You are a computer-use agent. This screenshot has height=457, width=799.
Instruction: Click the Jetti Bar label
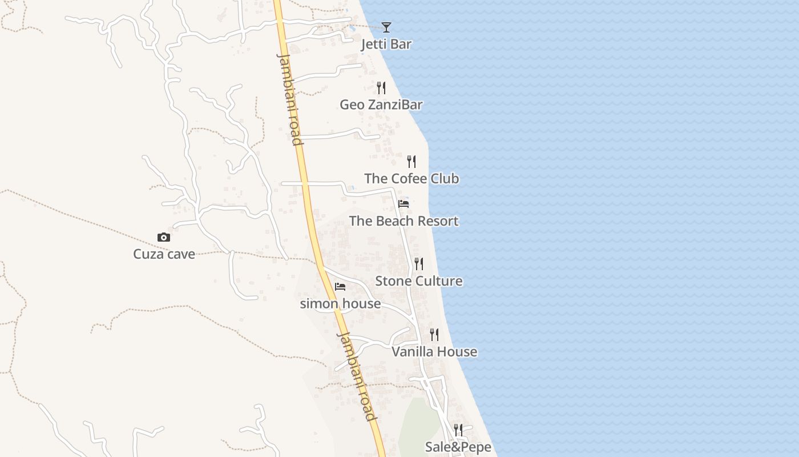(x=386, y=45)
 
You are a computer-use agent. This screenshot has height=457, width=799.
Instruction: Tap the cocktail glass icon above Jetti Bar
(x=386, y=27)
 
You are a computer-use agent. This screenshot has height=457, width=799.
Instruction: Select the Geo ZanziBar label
(x=381, y=105)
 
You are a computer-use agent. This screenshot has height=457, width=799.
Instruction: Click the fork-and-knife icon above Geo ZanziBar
(x=381, y=88)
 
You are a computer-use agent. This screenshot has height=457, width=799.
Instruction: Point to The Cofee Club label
(x=411, y=179)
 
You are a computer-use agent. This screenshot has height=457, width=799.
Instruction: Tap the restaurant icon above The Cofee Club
(x=411, y=162)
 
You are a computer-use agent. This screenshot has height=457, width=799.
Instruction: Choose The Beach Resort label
(x=403, y=221)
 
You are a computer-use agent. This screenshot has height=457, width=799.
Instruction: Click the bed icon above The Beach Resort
(x=403, y=204)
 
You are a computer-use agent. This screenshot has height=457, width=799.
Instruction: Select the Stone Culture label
(x=419, y=281)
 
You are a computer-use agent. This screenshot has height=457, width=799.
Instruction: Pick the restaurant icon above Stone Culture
(x=419, y=263)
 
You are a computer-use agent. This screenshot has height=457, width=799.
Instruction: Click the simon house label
(x=340, y=303)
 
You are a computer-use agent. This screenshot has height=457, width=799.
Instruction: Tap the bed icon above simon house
(x=340, y=286)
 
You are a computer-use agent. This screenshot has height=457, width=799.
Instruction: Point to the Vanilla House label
(x=434, y=352)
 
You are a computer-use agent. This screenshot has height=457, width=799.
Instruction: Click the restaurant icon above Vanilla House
(x=434, y=335)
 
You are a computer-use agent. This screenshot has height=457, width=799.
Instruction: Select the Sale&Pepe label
(x=458, y=447)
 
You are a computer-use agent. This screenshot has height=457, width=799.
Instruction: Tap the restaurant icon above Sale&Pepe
(x=458, y=430)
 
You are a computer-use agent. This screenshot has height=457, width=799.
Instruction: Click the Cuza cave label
(x=164, y=254)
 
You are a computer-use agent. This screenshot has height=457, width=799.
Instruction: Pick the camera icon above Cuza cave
(x=164, y=237)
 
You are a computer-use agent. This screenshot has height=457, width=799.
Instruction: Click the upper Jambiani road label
(x=289, y=99)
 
